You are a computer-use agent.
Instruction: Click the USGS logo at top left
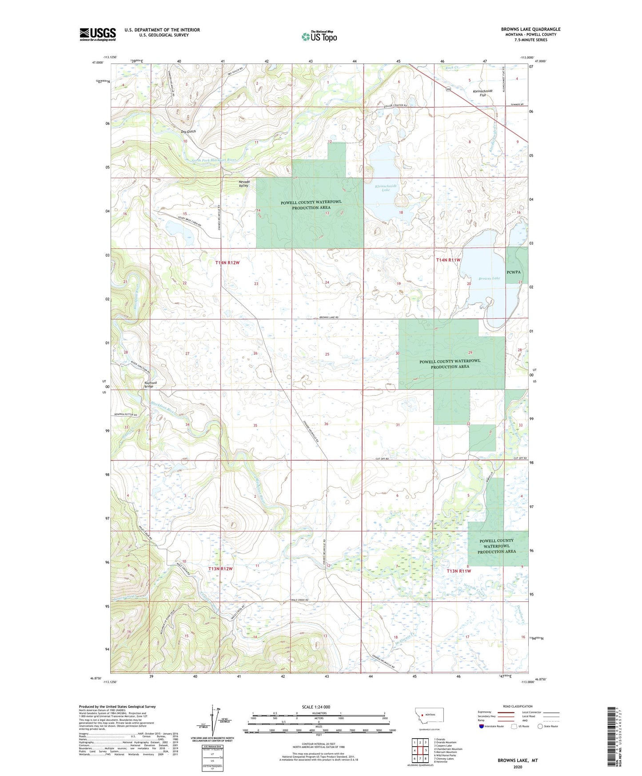(98, 34)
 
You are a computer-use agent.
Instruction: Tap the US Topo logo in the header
(319, 36)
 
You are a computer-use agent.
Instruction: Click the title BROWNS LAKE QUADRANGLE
(530, 29)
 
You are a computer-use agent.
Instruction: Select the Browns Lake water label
(489, 278)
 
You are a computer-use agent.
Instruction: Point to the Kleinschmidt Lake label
(386, 188)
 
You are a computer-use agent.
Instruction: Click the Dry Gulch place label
(188, 132)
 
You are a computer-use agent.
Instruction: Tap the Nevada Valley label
(244, 184)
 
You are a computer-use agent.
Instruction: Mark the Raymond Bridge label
(150, 384)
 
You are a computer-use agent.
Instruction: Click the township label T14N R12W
(227, 263)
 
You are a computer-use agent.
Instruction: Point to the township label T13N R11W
(459, 571)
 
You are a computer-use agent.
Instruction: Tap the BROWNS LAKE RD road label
(329, 317)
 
